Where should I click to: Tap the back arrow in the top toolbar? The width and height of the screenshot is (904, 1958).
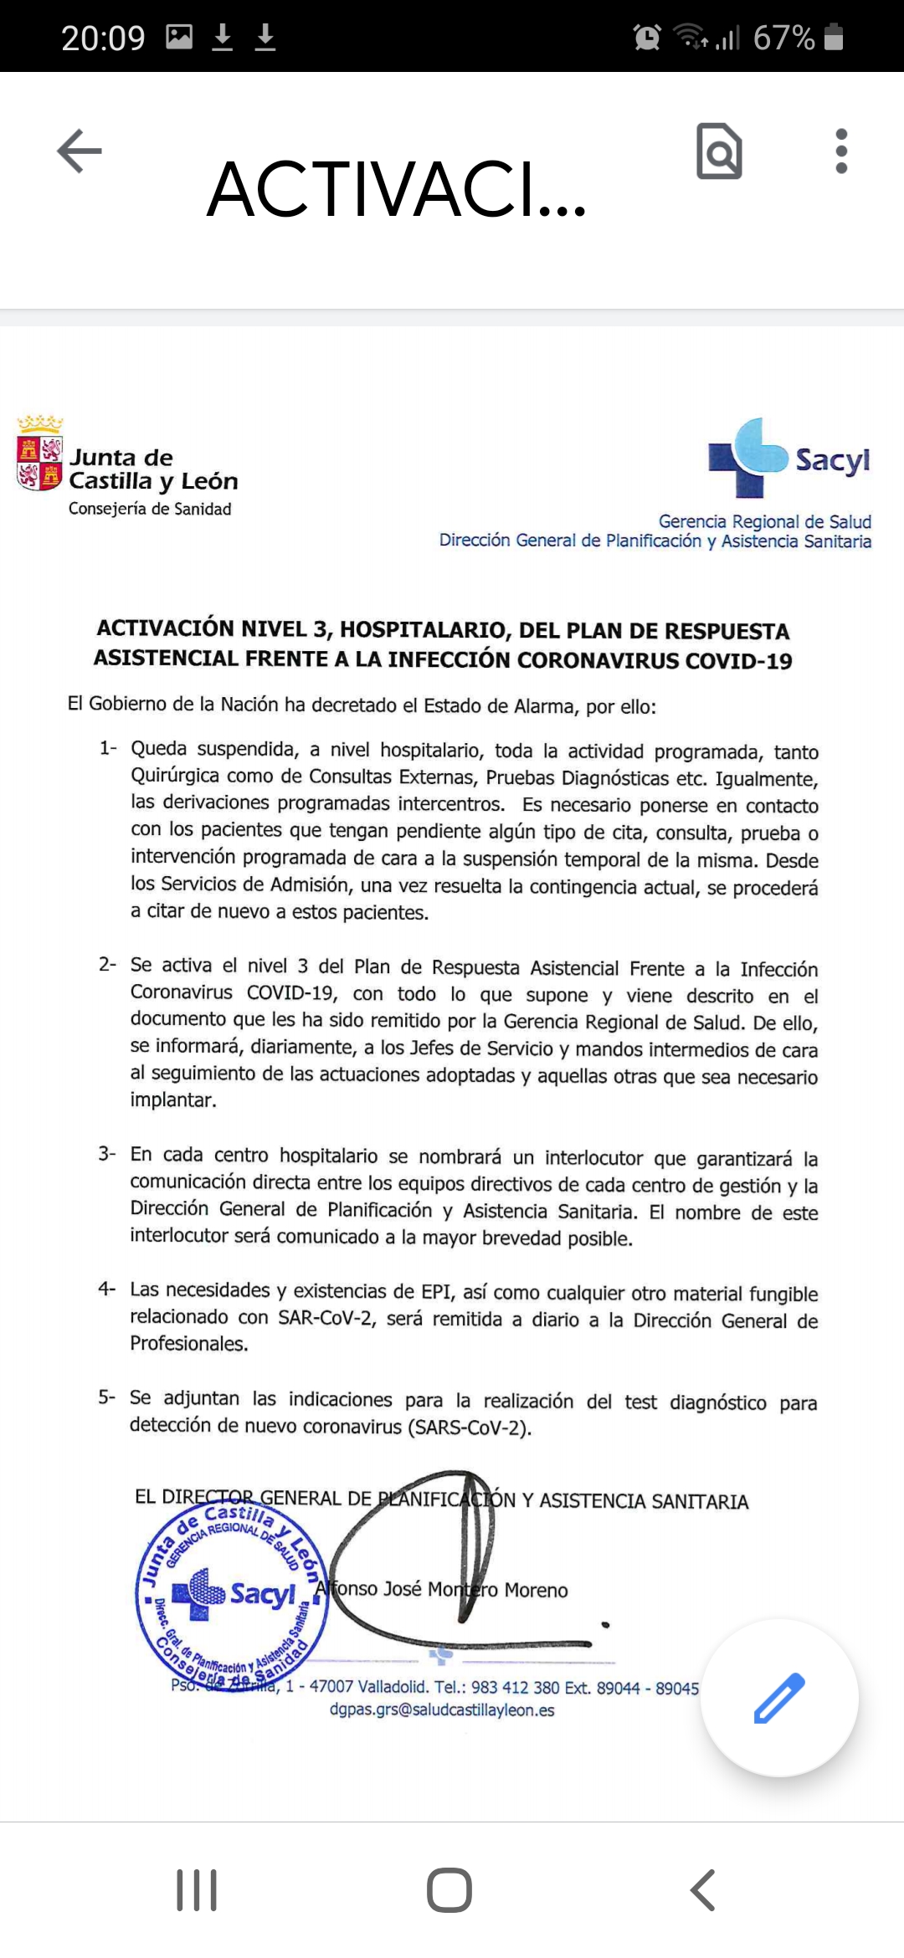pyautogui.click(x=80, y=151)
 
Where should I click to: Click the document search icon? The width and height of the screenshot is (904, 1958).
pyautogui.click(x=719, y=151)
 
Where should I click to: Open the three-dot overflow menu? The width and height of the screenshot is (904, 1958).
pyautogui.click(x=841, y=151)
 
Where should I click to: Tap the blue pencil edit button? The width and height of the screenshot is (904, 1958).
pyautogui.click(x=779, y=1698)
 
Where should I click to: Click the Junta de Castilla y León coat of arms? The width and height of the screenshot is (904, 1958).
pyautogui.click(x=40, y=453)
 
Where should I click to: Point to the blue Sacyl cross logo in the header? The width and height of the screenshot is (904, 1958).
pyautogui.click(x=748, y=457)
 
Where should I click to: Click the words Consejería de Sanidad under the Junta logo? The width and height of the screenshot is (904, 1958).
pyautogui.click(x=150, y=509)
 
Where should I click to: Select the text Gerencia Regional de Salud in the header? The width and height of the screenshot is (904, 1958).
pyautogui.click(x=764, y=521)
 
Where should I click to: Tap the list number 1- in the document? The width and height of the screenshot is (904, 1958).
pyautogui.click(x=108, y=748)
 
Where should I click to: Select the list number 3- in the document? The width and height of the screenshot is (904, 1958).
pyautogui.click(x=107, y=1154)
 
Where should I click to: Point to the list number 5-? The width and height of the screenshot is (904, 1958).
pyautogui.click(x=107, y=1397)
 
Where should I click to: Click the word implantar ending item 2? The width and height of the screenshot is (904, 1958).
pyautogui.click(x=172, y=1099)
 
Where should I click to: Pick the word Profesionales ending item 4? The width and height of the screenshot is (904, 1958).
pyautogui.click(x=188, y=1343)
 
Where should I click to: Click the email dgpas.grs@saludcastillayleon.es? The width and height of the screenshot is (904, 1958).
pyautogui.click(x=442, y=1709)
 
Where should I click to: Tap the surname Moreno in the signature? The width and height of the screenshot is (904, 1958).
pyautogui.click(x=536, y=1590)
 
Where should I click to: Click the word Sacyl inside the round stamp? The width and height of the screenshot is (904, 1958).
pyautogui.click(x=263, y=1594)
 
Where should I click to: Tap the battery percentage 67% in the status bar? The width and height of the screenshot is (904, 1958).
pyautogui.click(x=783, y=38)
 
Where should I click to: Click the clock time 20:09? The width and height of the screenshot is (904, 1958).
pyautogui.click(x=103, y=38)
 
